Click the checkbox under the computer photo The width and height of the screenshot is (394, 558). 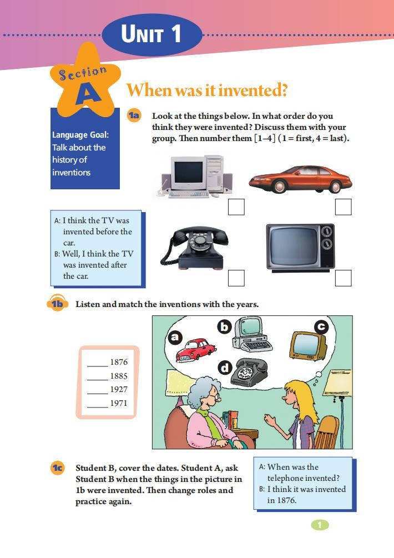[x=236, y=207]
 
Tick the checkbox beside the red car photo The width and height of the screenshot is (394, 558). [x=343, y=207]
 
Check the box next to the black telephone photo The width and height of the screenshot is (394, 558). [x=236, y=278]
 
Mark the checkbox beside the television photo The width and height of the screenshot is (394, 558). [x=343, y=278]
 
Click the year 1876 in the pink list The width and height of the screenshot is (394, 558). [x=119, y=362]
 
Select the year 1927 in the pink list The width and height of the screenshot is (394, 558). [x=119, y=389]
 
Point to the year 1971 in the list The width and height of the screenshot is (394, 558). [x=119, y=403]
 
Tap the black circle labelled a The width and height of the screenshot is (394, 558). [x=175, y=336]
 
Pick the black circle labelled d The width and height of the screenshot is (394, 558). [x=225, y=368]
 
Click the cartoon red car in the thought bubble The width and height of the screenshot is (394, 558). [x=195, y=350]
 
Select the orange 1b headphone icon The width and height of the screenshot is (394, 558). [x=57, y=303]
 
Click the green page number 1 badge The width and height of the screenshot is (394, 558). [x=320, y=525]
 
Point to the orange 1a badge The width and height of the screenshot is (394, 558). [x=134, y=115]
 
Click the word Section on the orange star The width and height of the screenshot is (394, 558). [x=83, y=73]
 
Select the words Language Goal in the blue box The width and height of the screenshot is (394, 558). [x=80, y=135]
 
